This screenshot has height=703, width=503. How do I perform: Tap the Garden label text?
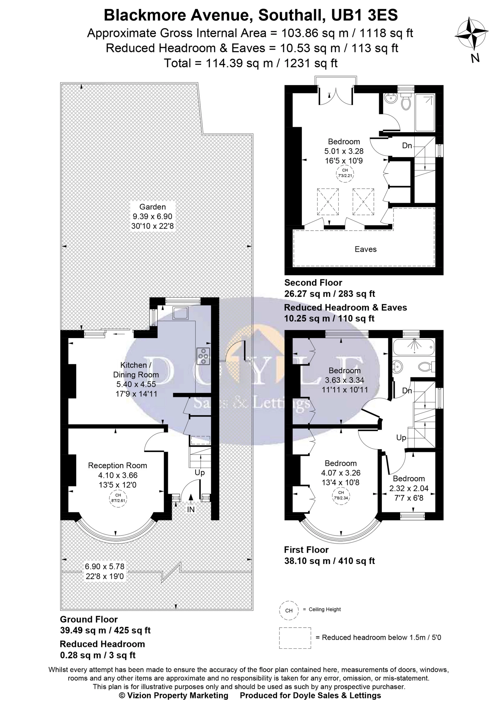pos(152,207)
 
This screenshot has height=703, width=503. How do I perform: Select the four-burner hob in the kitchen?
pos(203,356)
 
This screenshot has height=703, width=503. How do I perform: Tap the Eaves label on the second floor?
pos(365,249)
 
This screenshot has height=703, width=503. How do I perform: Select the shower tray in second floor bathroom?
pos(425,113)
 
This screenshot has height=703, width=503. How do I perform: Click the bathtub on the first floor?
pos(414,347)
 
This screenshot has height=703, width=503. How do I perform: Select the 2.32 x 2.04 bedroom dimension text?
pos(409,488)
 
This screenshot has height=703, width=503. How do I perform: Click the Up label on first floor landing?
pos(401,438)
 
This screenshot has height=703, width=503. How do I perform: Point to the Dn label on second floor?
pos(407,145)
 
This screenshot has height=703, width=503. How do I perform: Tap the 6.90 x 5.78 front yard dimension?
pos(105,566)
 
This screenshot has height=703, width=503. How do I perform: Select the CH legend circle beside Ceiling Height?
pos(289,611)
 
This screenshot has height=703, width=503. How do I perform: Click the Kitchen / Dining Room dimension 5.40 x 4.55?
pos(136,384)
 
